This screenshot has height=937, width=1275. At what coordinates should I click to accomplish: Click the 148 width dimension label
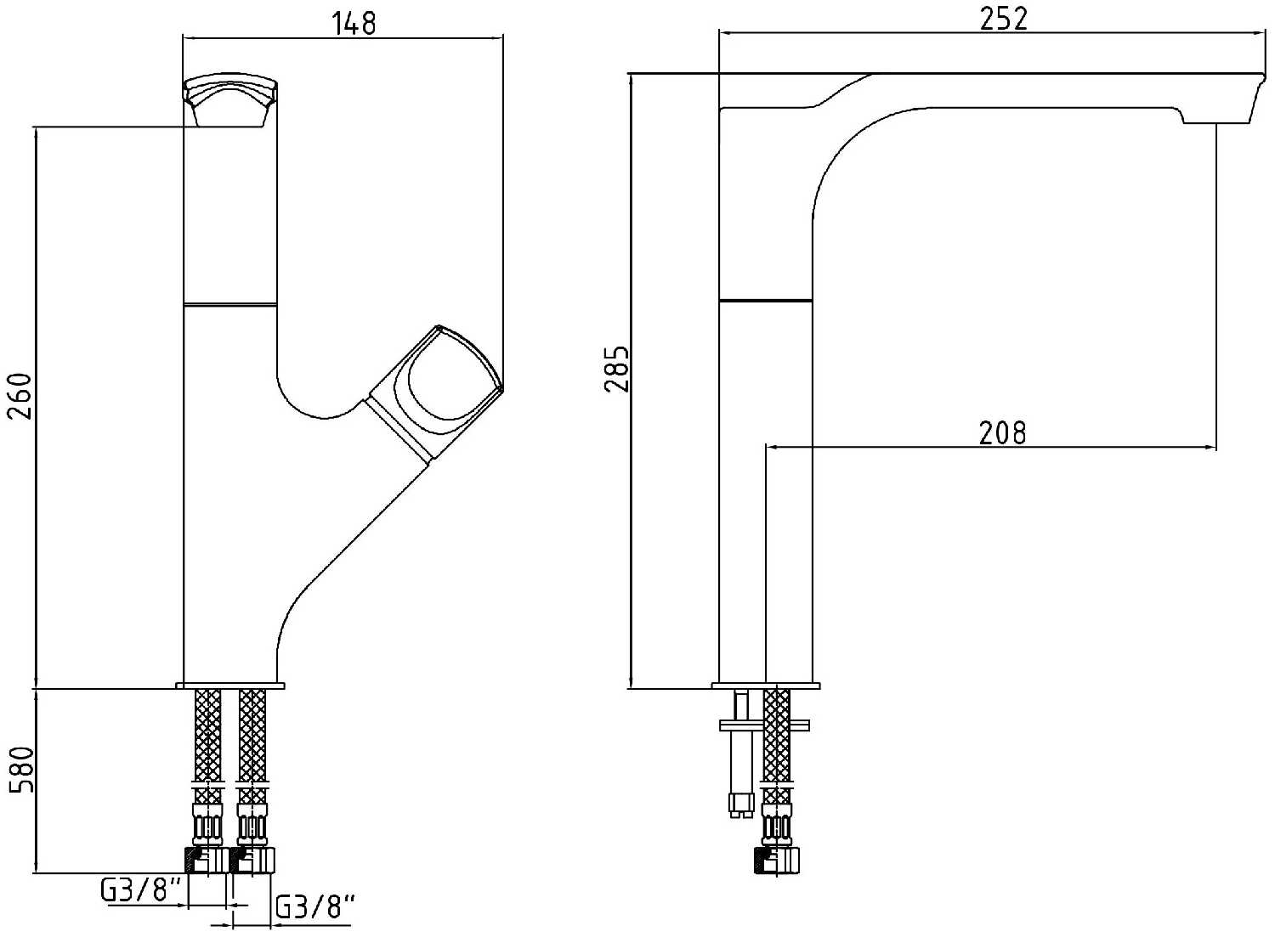click(x=354, y=23)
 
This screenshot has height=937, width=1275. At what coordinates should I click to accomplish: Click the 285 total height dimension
click(x=617, y=369)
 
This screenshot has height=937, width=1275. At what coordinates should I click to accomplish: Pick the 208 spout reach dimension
click(x=1002, y=433)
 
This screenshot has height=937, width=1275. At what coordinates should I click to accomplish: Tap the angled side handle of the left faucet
click(x=435, y=392)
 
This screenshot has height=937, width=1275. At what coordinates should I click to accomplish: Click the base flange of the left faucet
click(x=230, y=686)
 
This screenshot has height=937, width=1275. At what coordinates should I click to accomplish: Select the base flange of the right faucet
click(x=766, y=686)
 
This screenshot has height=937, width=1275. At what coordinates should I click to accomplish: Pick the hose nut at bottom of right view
click(x=778, y=859)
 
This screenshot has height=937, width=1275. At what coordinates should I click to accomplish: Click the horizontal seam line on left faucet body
click(x=230, y=305)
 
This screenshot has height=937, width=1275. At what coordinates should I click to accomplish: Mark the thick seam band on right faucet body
click(x=766, y=299)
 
